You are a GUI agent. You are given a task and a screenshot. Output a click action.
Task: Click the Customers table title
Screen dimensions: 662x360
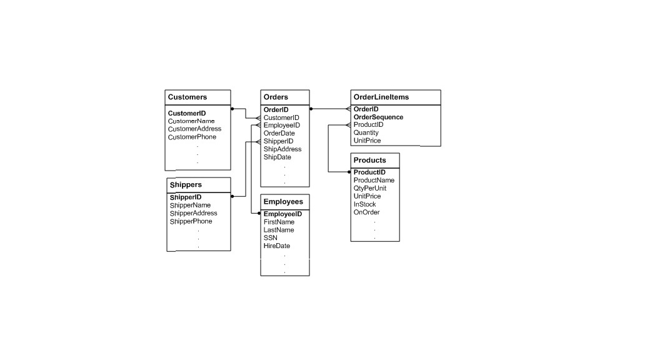click(188, 97)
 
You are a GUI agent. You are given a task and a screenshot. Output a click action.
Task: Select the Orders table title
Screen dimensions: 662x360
click(276, 97)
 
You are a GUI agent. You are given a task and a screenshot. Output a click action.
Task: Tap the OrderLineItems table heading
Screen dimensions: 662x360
click(381, 97)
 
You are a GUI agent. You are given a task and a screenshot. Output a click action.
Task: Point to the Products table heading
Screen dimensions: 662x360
click(370, 161)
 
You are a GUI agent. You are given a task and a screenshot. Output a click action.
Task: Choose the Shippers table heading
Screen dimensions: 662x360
click(186, 185)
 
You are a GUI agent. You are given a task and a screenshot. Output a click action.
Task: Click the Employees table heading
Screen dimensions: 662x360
click(283, 202)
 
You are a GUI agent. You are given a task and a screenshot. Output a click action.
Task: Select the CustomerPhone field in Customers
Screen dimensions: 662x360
click(192, 137)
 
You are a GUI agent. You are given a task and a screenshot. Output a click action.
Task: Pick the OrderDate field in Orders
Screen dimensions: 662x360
click(279, 133)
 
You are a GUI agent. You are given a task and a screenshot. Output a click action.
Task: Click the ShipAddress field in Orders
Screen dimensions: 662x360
click(283, 149)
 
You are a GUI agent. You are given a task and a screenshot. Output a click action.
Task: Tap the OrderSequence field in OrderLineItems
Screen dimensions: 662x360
click(378, 117)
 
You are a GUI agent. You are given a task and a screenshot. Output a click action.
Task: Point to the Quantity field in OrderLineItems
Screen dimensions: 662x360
click(366, 133)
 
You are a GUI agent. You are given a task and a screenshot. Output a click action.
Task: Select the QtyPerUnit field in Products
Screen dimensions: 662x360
click(370, 188)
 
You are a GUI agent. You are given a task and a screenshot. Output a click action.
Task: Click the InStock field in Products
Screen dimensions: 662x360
click(365, 204)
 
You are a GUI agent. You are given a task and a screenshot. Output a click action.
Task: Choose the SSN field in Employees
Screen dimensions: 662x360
click(271, 238)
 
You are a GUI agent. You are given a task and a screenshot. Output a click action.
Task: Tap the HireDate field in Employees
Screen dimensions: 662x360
click(276, 246)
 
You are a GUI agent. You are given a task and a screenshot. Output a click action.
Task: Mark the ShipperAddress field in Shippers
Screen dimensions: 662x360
click(193, 214)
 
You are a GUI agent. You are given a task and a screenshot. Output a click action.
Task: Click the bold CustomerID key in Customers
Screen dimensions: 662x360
click(187, 113)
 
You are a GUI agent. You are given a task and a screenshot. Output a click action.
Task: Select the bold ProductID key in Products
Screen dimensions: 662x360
click(369, 172)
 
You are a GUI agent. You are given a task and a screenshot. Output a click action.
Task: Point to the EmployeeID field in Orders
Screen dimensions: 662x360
click(281, 126)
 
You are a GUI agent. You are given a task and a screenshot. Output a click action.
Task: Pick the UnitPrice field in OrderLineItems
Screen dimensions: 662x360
click(368, 141)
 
